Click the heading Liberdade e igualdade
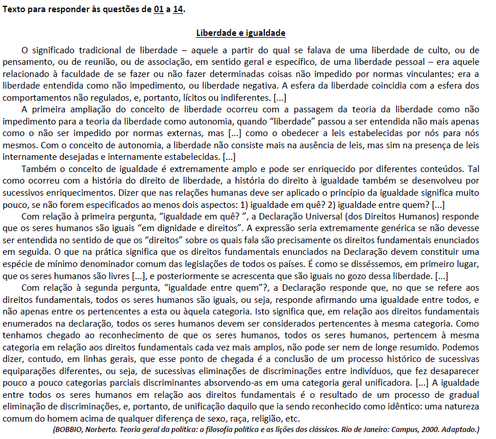pos(240,33)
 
